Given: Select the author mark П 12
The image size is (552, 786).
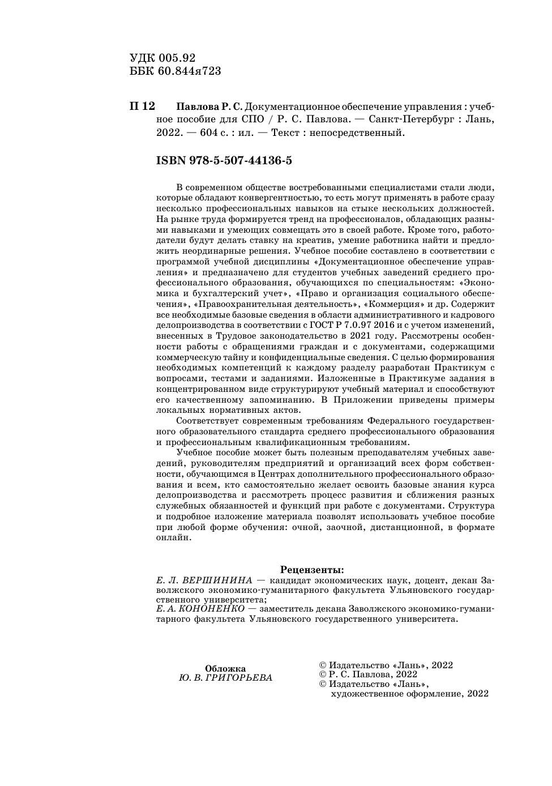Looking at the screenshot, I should pos(142,106).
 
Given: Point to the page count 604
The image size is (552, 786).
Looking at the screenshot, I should pos(202,134).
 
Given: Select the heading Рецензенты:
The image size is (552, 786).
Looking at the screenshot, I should pos(312,570).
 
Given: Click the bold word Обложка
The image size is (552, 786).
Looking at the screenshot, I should pos(225,668).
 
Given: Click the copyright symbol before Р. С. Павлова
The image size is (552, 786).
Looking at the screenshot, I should pos(323,674).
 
